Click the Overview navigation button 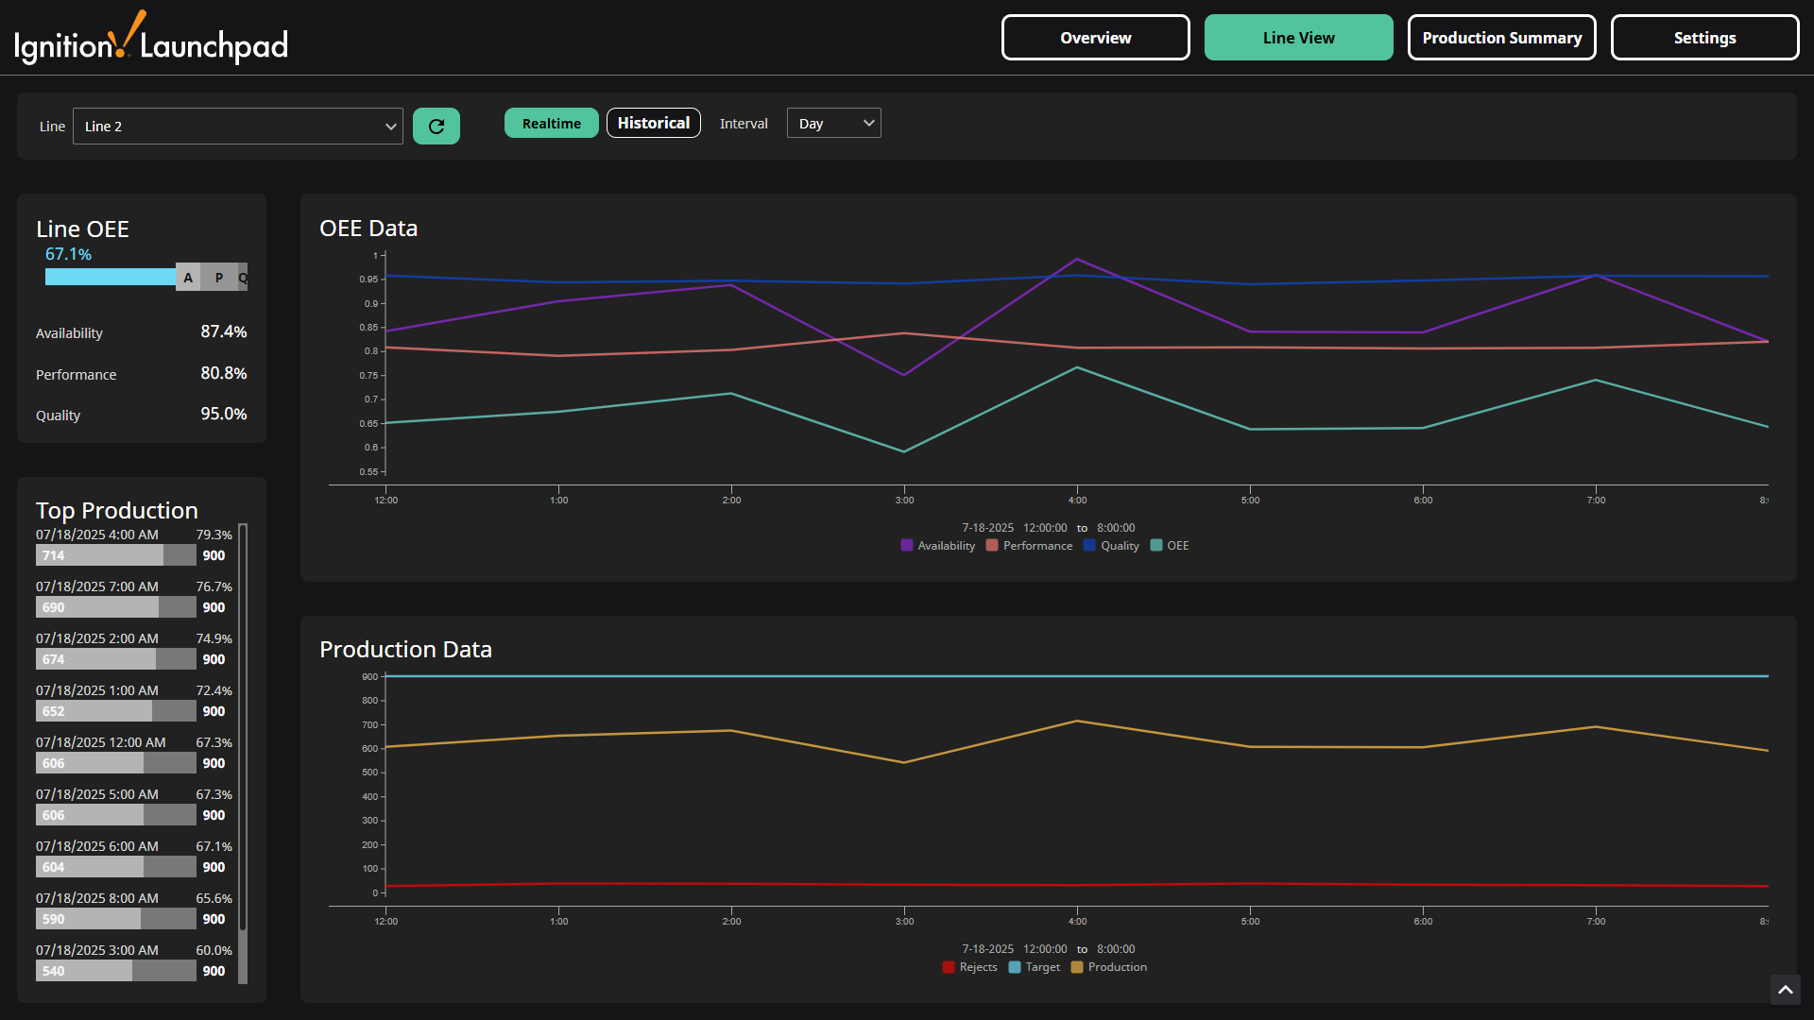coord(1095,38)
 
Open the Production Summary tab coord(1501,38)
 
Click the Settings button coord(1704,38)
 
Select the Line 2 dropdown coord(237,127)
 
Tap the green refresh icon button coord(436,127)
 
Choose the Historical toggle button coord(653,124)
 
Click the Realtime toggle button coord(551,124)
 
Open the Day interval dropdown coord(833,124)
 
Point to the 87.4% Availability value coord(223,332)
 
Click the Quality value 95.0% coord(223,415)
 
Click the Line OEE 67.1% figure coord(68,255)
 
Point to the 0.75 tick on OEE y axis coord(368,376)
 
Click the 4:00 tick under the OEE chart coord(1077,501)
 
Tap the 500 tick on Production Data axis coord(369,773)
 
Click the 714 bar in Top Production coord(99,556)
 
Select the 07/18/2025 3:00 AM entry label coord(97,950)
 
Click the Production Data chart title coord(405,650)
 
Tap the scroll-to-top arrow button coord(1785,990)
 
